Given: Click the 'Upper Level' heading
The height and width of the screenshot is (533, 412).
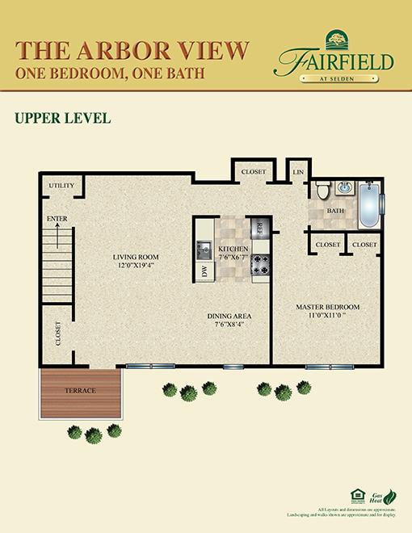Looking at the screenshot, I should click(x=62, y=119).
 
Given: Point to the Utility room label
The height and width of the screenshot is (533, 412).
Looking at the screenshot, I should click(x=61, y=186).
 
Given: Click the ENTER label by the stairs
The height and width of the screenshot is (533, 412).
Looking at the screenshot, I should click(x=57, y=218).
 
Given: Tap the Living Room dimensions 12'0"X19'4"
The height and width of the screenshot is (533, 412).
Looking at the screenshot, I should click(x=136, y=265).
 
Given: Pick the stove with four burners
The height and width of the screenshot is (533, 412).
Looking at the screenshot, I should click(x=261, y=264).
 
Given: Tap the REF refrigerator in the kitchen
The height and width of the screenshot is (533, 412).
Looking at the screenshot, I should click(x=260, y=229).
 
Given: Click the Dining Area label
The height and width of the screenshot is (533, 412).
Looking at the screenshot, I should click(x=230, y=316).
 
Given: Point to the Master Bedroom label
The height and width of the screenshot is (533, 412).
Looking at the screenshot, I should click(x=327, y=307).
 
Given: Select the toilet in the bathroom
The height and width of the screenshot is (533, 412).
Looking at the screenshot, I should click(x=323, y=192).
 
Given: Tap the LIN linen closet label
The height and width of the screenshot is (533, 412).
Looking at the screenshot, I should click(x=298, y=172).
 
